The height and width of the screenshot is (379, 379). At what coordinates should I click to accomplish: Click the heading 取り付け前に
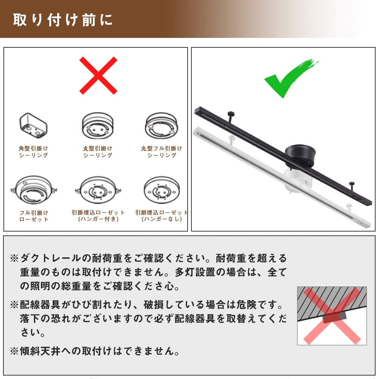[63, 20]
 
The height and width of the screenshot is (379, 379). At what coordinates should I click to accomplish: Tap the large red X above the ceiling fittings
[98, 75]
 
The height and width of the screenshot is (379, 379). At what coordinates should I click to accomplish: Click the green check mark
[291, 78]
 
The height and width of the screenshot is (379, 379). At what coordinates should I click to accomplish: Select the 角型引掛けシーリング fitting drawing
[33, 125]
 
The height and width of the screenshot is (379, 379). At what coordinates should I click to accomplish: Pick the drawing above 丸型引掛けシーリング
[98, 125]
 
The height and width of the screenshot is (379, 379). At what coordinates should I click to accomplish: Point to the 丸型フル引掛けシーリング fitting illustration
[161, 125]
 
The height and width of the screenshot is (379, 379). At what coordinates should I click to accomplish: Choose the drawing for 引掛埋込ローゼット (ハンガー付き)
[98, 190]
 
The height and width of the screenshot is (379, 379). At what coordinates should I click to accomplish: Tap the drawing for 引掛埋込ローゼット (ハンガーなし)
[162, 190]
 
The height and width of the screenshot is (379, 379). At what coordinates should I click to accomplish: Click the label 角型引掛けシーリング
[33, 152]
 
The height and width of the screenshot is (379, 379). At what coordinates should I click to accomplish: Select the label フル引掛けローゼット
[34, 216]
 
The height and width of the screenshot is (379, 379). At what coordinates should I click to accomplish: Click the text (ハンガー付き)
[98, 219]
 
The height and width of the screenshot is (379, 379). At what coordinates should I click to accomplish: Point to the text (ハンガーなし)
[162, 219]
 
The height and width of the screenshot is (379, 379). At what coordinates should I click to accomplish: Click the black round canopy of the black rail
[300, 155]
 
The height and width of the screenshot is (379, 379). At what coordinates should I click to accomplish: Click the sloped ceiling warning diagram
[332, 316]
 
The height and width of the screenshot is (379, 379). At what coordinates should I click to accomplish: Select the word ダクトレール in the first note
[50, 258]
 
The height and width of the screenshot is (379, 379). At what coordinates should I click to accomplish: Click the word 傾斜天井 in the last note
[40, 351]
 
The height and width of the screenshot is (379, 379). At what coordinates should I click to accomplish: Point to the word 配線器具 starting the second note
[40, 305]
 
